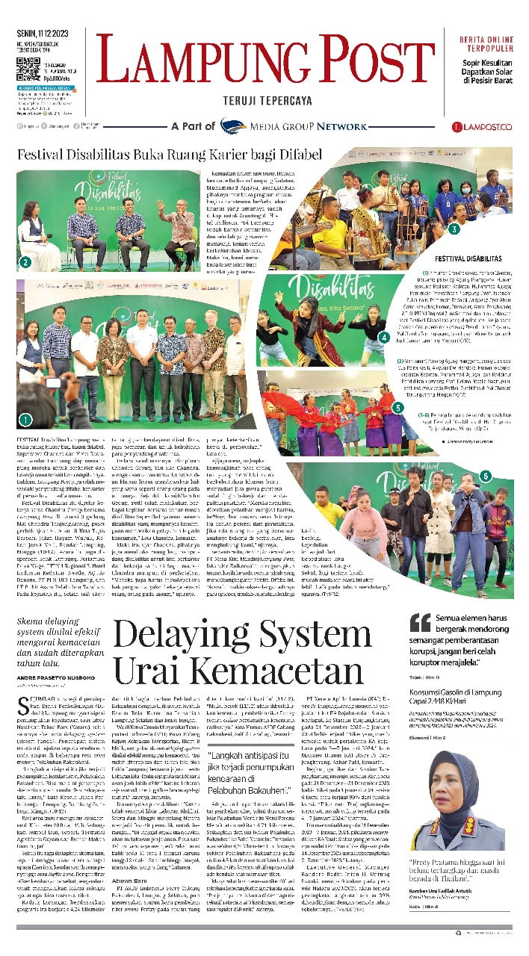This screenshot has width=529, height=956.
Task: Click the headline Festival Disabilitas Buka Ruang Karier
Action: pos(170,155)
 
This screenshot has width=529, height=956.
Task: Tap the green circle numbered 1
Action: pos(25,420)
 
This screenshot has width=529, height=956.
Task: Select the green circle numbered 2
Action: pos(25,262)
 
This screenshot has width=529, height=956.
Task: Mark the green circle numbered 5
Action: pos(398,408)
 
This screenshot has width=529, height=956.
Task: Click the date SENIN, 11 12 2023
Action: pos(43,35)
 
